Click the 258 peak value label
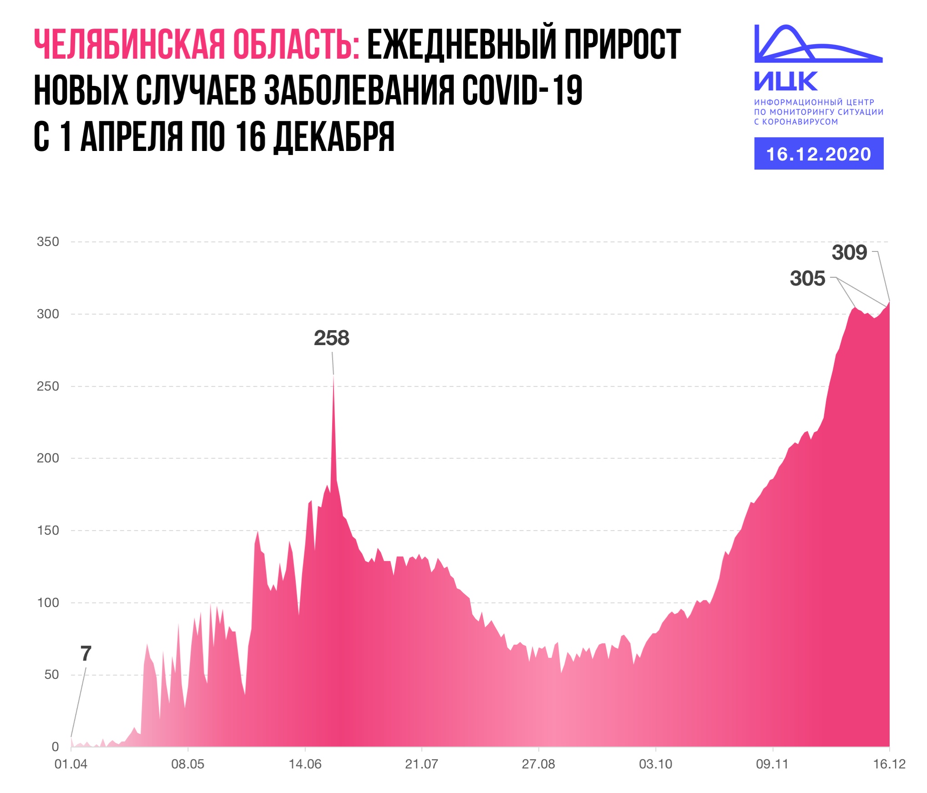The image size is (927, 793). click(x=331, y=338)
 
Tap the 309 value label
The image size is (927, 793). click(x=849, y=253)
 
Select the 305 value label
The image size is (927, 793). click(x=807, y=279)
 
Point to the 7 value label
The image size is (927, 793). click(x=86, y=654)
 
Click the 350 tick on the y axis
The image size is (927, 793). click(x=48, y=242)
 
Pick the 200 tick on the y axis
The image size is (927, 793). click(x=48, y=458)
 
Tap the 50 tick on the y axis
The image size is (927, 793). click(x=51, y=675)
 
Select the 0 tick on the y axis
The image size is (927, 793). click(x=55, y=747)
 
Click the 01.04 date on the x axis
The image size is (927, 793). click(x=71, y=764)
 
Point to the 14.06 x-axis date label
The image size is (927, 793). click(x=305, y=764)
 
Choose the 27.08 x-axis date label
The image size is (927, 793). click(x=538, y=764)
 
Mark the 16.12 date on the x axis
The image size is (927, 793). click(x=889, y=764)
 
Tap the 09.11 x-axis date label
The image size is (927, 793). click(x=772, y=764)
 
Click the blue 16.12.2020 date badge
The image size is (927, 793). click(x=818, y=154)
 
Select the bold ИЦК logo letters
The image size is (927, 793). click(x=786, y=82)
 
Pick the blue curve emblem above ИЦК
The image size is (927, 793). click(x=818, y=44)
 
